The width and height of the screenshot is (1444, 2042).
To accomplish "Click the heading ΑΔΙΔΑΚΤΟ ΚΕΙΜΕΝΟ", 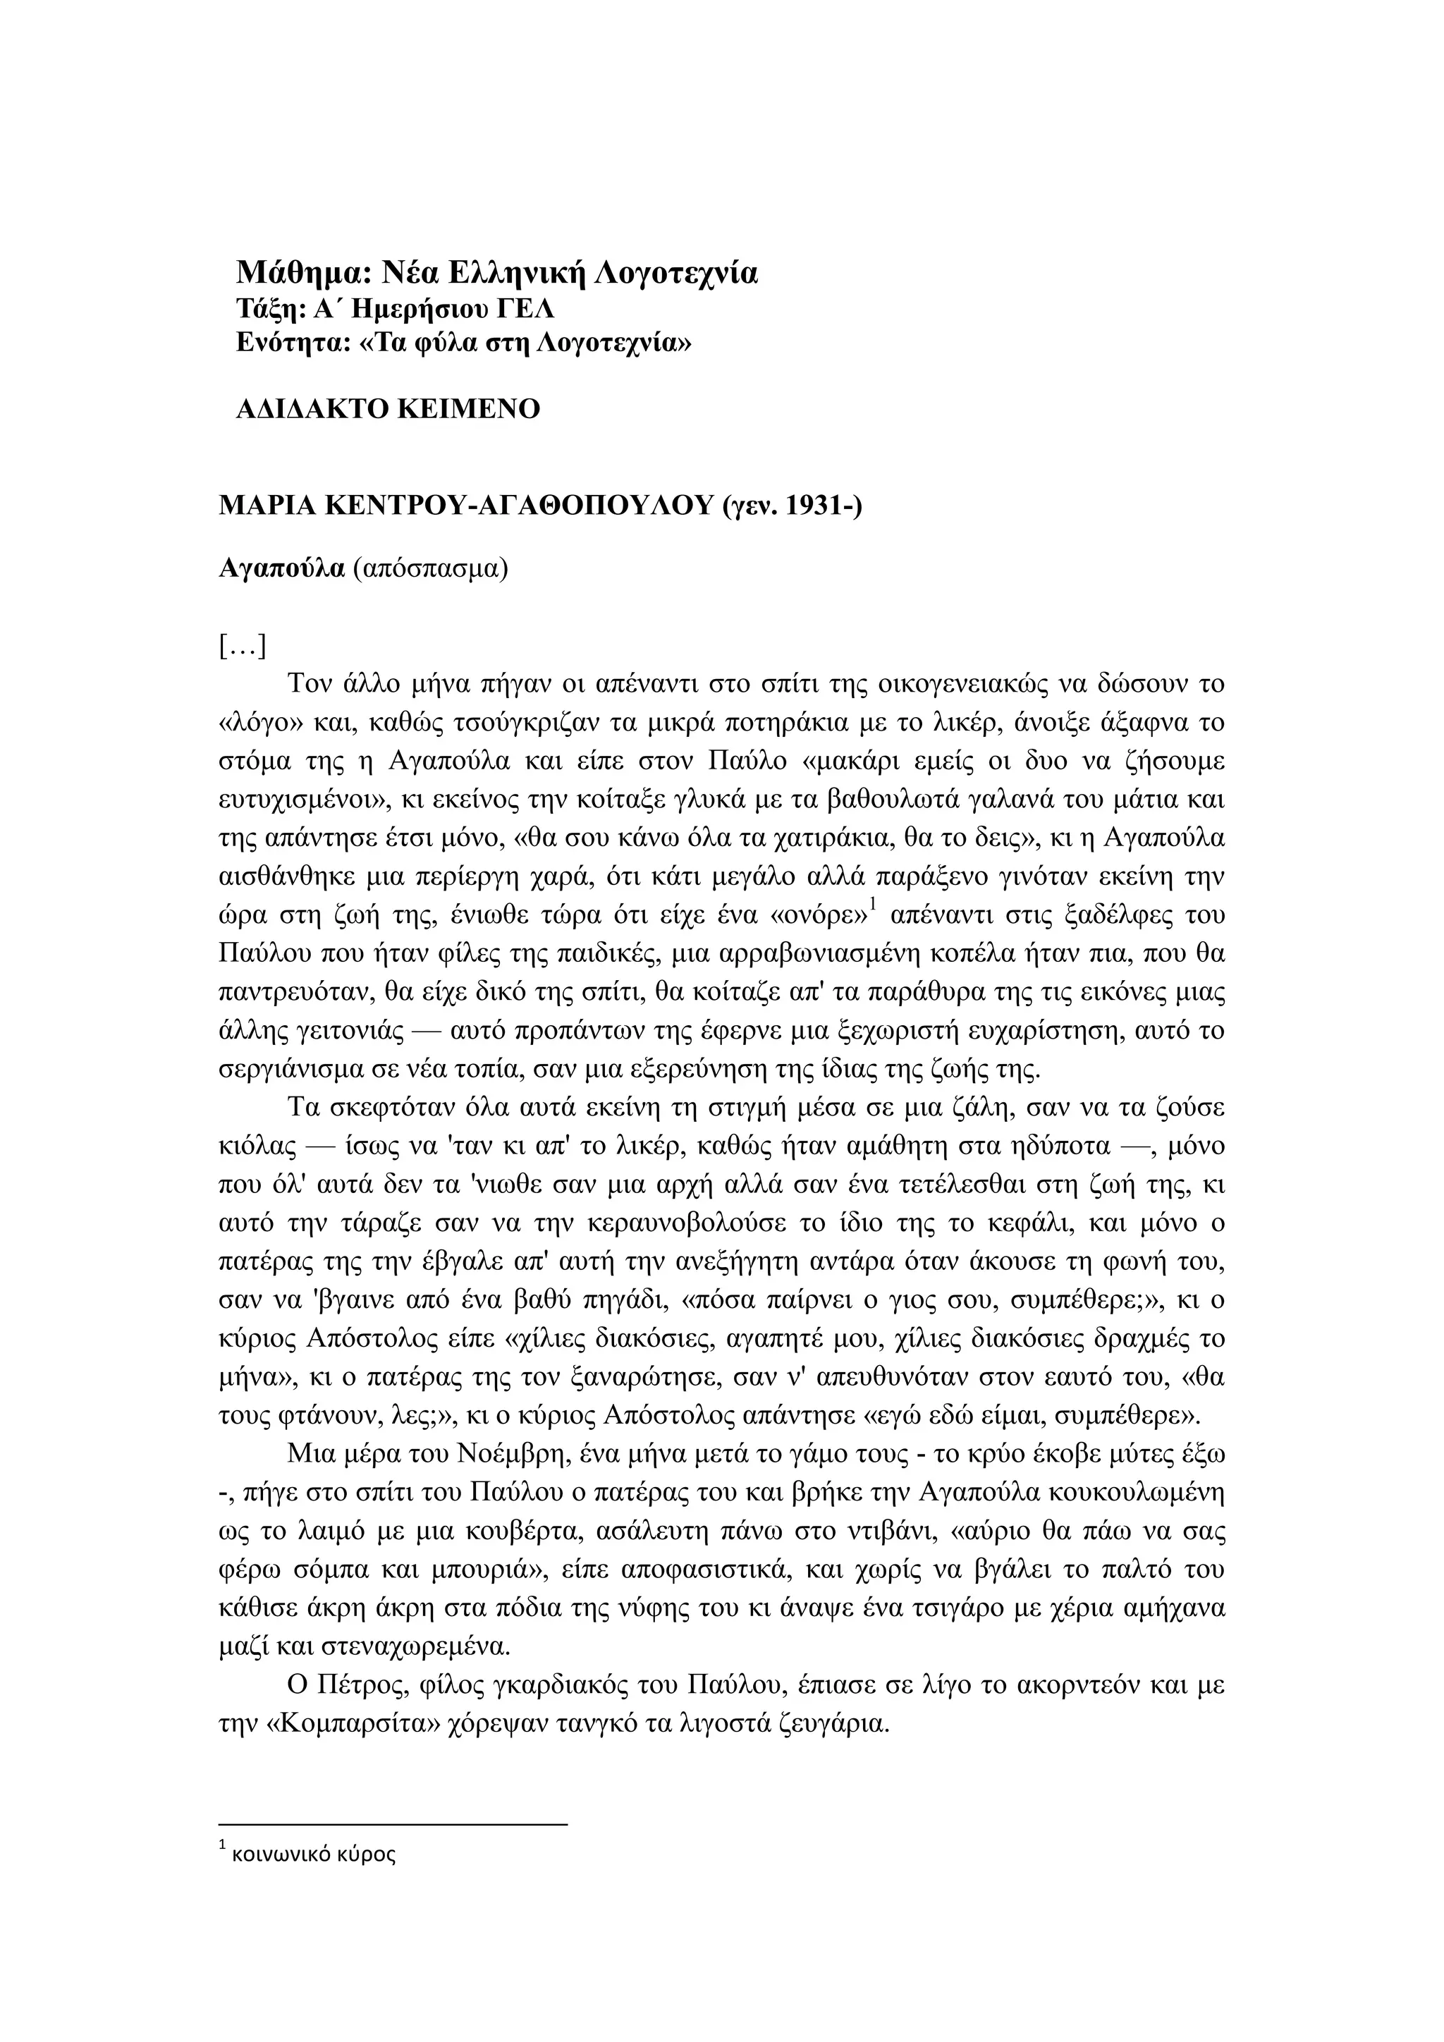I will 388,409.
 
